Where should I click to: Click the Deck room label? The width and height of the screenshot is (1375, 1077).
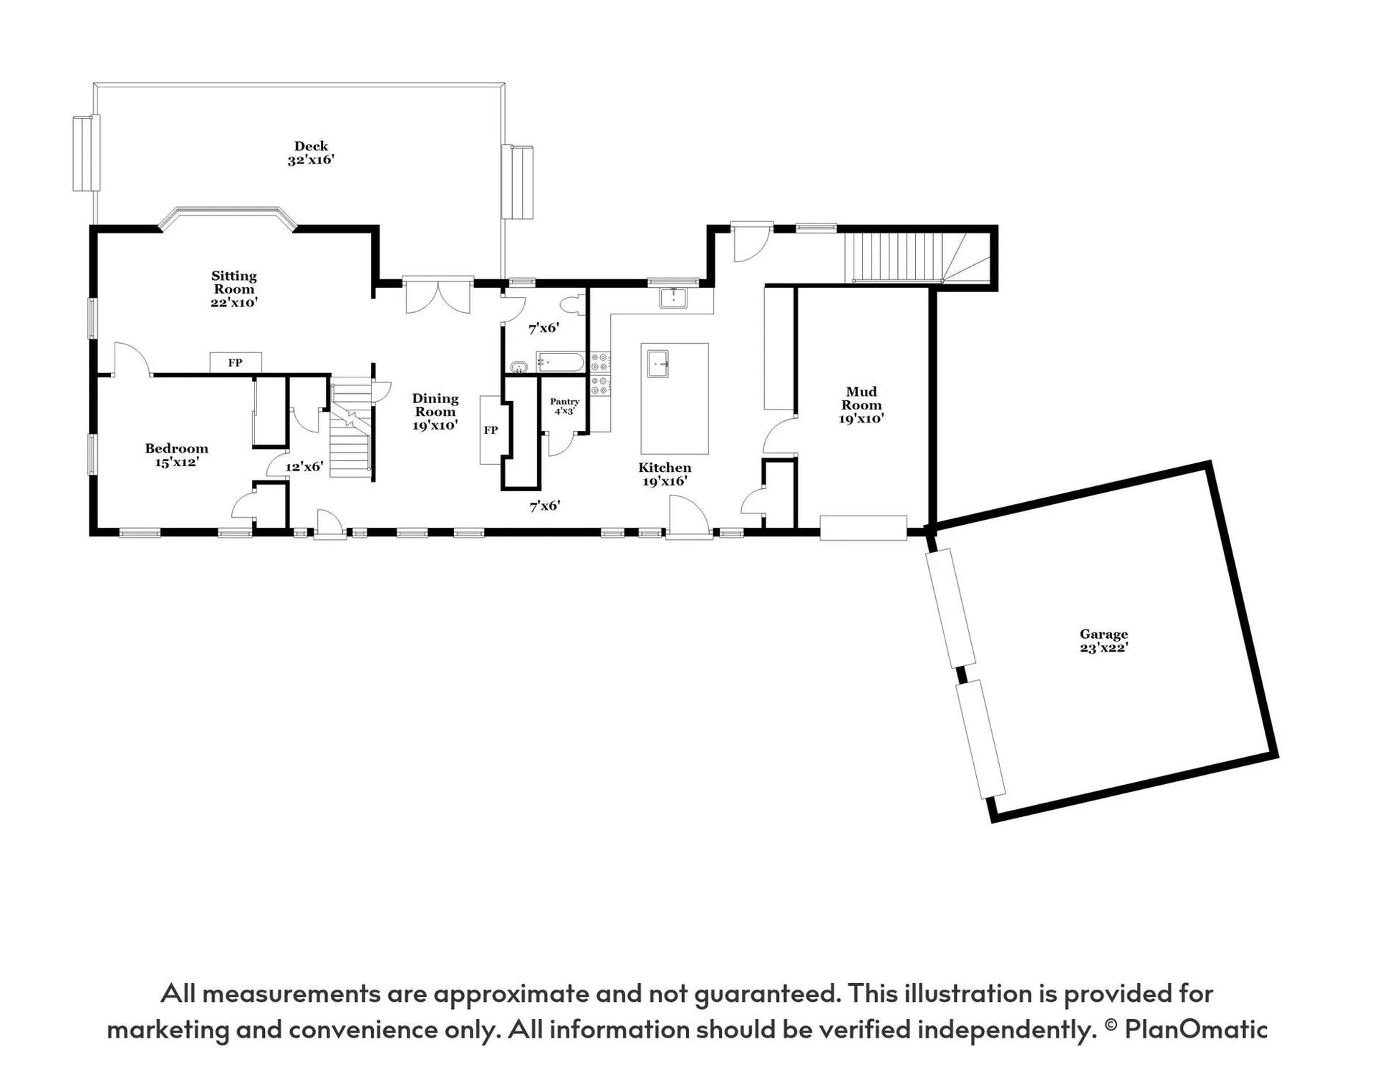point(311,153)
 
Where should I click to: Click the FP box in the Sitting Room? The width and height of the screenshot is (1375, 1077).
point(235,362)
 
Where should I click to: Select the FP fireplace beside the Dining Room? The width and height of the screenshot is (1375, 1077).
point(491,430)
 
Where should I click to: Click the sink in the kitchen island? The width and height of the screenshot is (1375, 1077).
point(657,364)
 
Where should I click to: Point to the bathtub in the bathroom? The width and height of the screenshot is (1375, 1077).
point(560,362)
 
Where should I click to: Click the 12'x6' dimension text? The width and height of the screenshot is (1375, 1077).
point(304,467)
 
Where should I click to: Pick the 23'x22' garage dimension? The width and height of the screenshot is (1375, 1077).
point(1104,647)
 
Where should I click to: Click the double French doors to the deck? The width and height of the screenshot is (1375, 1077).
point(438,294)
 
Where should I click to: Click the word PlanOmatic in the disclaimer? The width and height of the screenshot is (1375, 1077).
point(1195,1029)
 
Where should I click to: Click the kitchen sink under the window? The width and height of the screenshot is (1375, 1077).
point(672,297)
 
